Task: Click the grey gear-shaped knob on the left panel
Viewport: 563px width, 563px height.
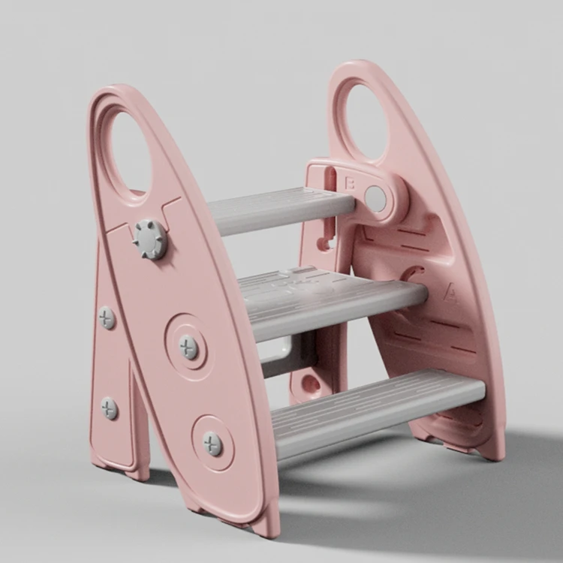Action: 150,239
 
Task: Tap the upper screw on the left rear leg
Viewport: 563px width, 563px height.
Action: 107,317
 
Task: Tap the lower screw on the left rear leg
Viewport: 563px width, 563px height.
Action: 110,408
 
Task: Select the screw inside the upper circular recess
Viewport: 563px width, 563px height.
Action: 188,346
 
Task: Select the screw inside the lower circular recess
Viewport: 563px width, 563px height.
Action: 212,443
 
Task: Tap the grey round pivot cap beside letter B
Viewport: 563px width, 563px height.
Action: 375,199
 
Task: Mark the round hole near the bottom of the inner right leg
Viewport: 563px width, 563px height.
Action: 310,384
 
